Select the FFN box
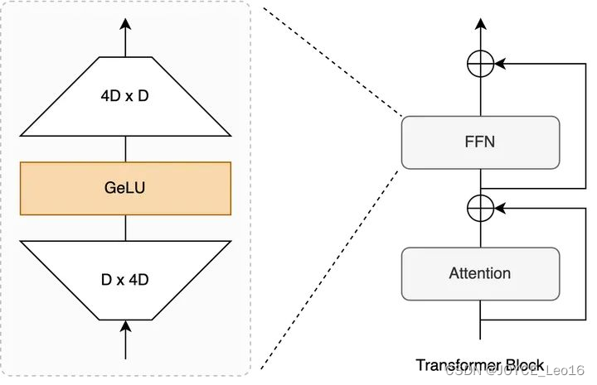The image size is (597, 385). (479, 142)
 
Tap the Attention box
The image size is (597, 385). (479, 273)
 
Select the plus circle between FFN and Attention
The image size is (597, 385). (480, 208)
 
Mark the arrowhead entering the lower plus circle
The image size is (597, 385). (500, 208)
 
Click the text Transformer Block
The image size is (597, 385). (479, 365)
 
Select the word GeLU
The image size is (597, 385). (125, 188)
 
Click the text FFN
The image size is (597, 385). (479, 142)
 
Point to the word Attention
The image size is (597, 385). (479, 273)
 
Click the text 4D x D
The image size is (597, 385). (125, 95)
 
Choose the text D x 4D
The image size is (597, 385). (125, 280)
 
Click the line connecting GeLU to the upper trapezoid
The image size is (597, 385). (125, 148)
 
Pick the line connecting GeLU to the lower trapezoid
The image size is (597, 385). (125, 227)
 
